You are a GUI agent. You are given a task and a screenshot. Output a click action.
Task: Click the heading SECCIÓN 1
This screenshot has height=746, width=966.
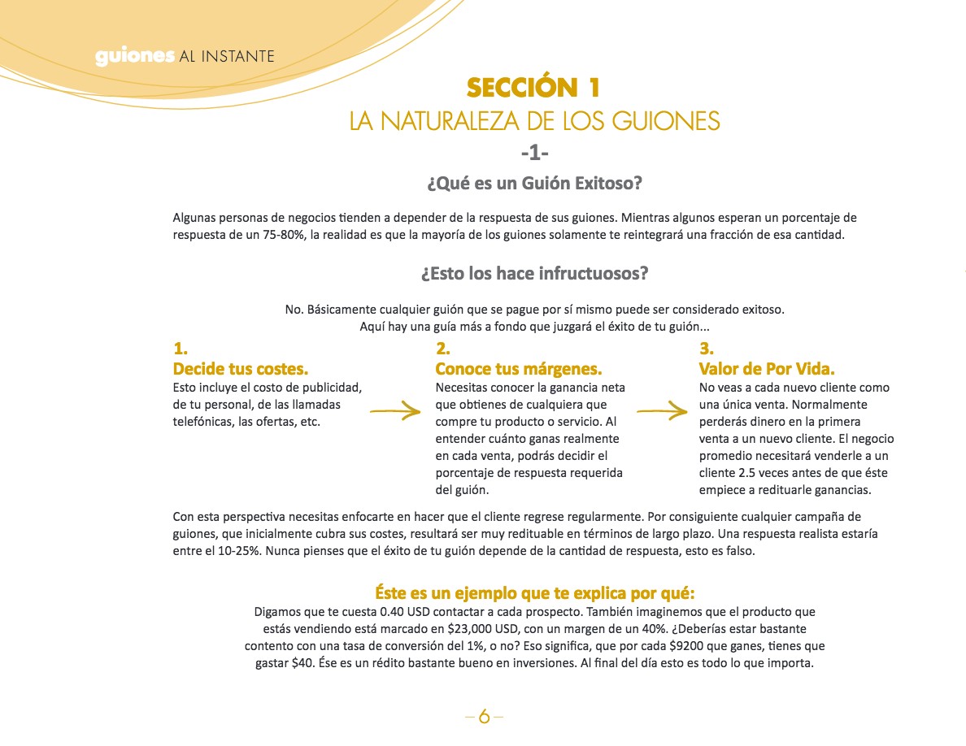pyautogui.click(x=534, y=88)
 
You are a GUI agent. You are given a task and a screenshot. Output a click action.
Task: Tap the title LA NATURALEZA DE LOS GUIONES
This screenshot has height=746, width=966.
pyautogui.click(x=534, y=122)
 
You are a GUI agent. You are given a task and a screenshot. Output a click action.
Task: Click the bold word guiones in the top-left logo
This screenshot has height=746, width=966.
pyautogui.click(x=134, y=57)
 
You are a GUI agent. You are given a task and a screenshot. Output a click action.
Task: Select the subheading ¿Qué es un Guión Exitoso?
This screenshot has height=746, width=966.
pyautogui.click(x=534, y=184)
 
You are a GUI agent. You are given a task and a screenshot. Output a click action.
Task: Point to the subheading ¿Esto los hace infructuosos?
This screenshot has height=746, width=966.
pyautogui.click(x=534, y=273)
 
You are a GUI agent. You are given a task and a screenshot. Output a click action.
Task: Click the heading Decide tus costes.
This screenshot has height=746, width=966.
pyautogui.click(x=241, y=368)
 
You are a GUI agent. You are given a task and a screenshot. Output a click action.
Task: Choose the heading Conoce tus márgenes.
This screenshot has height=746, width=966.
pyautogui.click(x=519, y=368)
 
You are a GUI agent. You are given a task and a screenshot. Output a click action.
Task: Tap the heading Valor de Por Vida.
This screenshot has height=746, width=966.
pyautogui.click(x=767, y=368)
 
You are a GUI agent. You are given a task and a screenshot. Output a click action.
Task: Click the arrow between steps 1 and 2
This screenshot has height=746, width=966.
pyautogui.click(x=395, y=413)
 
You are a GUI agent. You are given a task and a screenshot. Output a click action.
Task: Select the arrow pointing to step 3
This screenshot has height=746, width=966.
pyautogui.click(x=662, y=413)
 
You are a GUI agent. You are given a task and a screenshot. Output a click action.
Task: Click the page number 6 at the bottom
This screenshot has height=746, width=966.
pyautogui.click(x=485, y=717)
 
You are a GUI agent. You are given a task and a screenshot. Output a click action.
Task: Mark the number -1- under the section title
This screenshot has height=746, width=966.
pyautogui.click(x=534, y=152)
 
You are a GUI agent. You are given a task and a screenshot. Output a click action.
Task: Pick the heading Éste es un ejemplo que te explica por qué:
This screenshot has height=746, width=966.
pyautogui.click(x=534, y=592)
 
